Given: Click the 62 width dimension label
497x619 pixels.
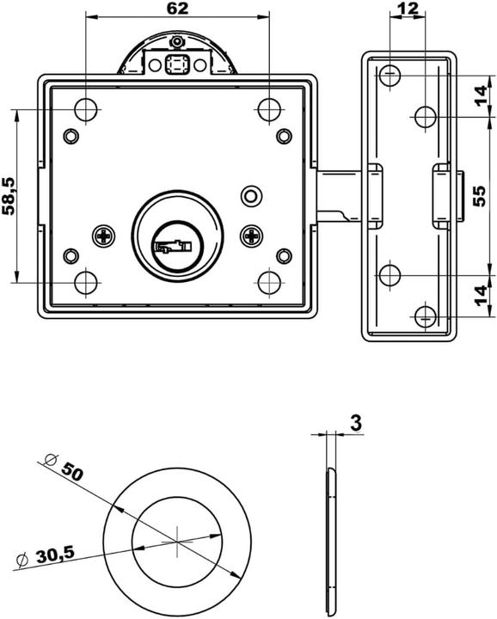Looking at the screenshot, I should tap(176, 9).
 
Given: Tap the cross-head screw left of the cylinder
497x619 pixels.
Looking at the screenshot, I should tap(104, 234).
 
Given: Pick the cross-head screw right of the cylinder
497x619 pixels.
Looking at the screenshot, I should tap(251, 234).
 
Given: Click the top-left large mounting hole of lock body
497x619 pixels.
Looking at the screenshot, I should tap(86, 109).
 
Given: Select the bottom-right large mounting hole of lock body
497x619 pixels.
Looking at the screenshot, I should tap(269, 281).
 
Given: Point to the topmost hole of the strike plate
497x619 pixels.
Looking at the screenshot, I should tap(390, 76).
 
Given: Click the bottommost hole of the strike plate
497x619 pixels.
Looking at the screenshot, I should tap(425, 316).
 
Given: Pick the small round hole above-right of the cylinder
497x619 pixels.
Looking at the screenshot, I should tap(250, 195).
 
